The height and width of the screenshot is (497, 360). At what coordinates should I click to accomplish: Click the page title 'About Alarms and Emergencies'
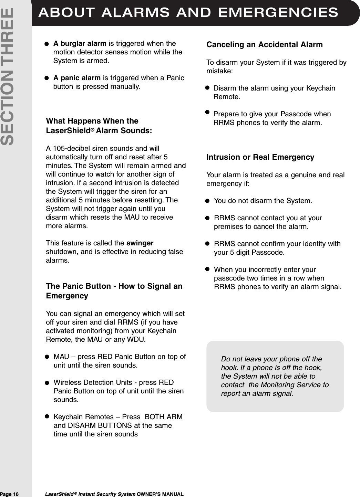[x=188, y=12]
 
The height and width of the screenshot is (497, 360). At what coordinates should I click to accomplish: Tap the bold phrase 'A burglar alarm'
[x=80, y=44]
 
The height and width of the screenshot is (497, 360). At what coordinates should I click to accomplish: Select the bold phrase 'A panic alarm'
[x=77, y=78]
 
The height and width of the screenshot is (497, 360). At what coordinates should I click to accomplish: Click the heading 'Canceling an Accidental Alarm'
[x=264, y=45]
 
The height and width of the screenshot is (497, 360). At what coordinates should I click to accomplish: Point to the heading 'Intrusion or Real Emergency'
[x=260, y=157]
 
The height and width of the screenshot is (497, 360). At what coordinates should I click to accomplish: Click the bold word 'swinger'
[x=140, y=243]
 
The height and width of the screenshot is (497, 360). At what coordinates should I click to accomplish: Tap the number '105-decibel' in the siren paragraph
[x=70, y=149]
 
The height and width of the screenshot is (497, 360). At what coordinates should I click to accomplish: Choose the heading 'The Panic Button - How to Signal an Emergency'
[x=114, y=291]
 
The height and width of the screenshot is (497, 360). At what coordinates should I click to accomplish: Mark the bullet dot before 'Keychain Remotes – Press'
[x=47, y=416]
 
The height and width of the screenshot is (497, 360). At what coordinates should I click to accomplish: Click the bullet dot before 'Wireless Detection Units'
[x=47, y=383]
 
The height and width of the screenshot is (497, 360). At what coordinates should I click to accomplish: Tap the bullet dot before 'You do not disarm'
[x=207, y=201]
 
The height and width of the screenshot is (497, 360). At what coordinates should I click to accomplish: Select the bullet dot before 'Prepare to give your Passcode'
[x=207, y=112]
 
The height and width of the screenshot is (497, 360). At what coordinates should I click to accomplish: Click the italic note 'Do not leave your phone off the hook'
[x=275, y=376]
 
